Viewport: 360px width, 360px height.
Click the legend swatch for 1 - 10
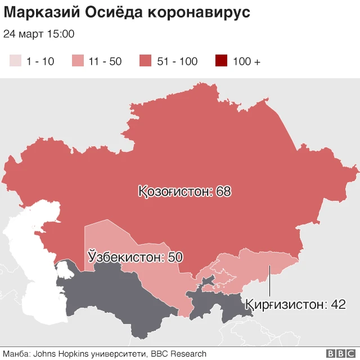coord(15,61)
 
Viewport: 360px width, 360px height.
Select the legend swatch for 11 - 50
coord(78,61)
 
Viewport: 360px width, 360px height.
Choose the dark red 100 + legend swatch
coord(221,61)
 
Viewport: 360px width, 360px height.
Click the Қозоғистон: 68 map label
coord(184,191)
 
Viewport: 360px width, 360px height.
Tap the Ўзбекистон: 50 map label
coord(136,257)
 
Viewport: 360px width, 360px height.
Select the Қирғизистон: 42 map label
coord(295,304)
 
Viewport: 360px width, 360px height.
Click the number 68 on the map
coord(223,191)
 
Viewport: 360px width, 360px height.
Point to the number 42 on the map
coord(337,304)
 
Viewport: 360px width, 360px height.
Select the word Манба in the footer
coord(15,354)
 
